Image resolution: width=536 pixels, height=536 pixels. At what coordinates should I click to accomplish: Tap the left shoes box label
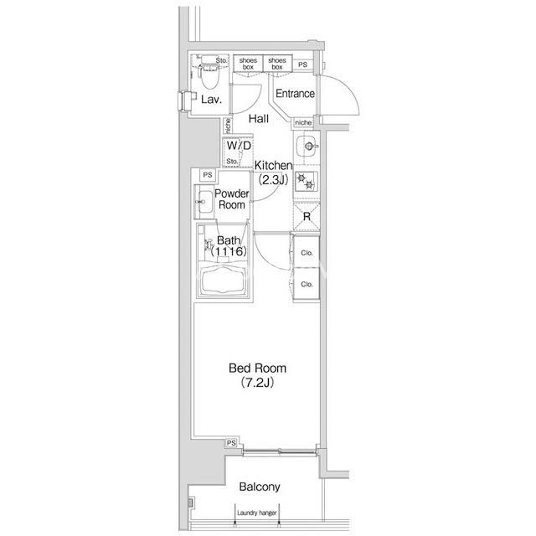tap(248, 64)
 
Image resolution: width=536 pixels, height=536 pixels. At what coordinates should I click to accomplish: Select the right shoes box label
tap(277, 64)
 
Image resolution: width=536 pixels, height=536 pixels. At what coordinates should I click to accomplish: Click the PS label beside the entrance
tap(302, 64)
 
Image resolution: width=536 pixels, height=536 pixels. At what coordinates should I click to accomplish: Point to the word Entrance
tap(295, 93)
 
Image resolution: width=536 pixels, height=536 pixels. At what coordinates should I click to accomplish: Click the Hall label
tap(259, 119)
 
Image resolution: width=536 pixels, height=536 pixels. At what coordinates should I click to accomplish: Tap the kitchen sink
tap(307, 147)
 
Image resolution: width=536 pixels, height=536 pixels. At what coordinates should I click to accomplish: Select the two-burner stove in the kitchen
tap(307, 182)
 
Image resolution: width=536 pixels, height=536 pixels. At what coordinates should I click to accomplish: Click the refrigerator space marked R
tap(307, 217)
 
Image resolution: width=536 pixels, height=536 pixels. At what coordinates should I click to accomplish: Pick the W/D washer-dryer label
tap(239, 146)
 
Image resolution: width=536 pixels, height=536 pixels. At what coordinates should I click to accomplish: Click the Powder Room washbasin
tap(204, 202)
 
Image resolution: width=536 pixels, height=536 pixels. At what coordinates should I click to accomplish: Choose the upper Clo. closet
tap(307, 252)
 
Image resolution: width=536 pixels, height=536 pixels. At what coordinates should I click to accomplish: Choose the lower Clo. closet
tap(307, 284)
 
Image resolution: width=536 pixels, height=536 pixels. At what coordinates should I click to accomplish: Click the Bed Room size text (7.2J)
tap(257, 383)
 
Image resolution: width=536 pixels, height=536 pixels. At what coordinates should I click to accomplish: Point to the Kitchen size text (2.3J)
tap(273, 180)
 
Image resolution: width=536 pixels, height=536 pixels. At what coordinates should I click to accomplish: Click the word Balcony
tap(260, 487)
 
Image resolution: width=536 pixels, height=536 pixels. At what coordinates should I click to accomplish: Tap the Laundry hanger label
tap(257, 513)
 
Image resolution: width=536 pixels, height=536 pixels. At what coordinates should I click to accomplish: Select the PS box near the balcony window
tap(231, 443)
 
